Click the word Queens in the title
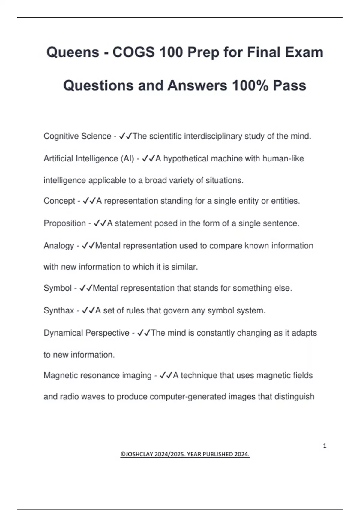coord(73,52)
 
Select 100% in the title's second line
coord(250,85)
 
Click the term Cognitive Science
coord(77,136)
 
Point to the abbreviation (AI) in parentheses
coord(127,158)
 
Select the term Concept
coord(59,201)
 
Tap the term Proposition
coord(64,223)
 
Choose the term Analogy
coord(58,246)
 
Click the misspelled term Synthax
coord(58,310)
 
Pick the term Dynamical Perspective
coord(86,333)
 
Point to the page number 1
coord(325,446)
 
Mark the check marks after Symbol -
coord(86,288)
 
